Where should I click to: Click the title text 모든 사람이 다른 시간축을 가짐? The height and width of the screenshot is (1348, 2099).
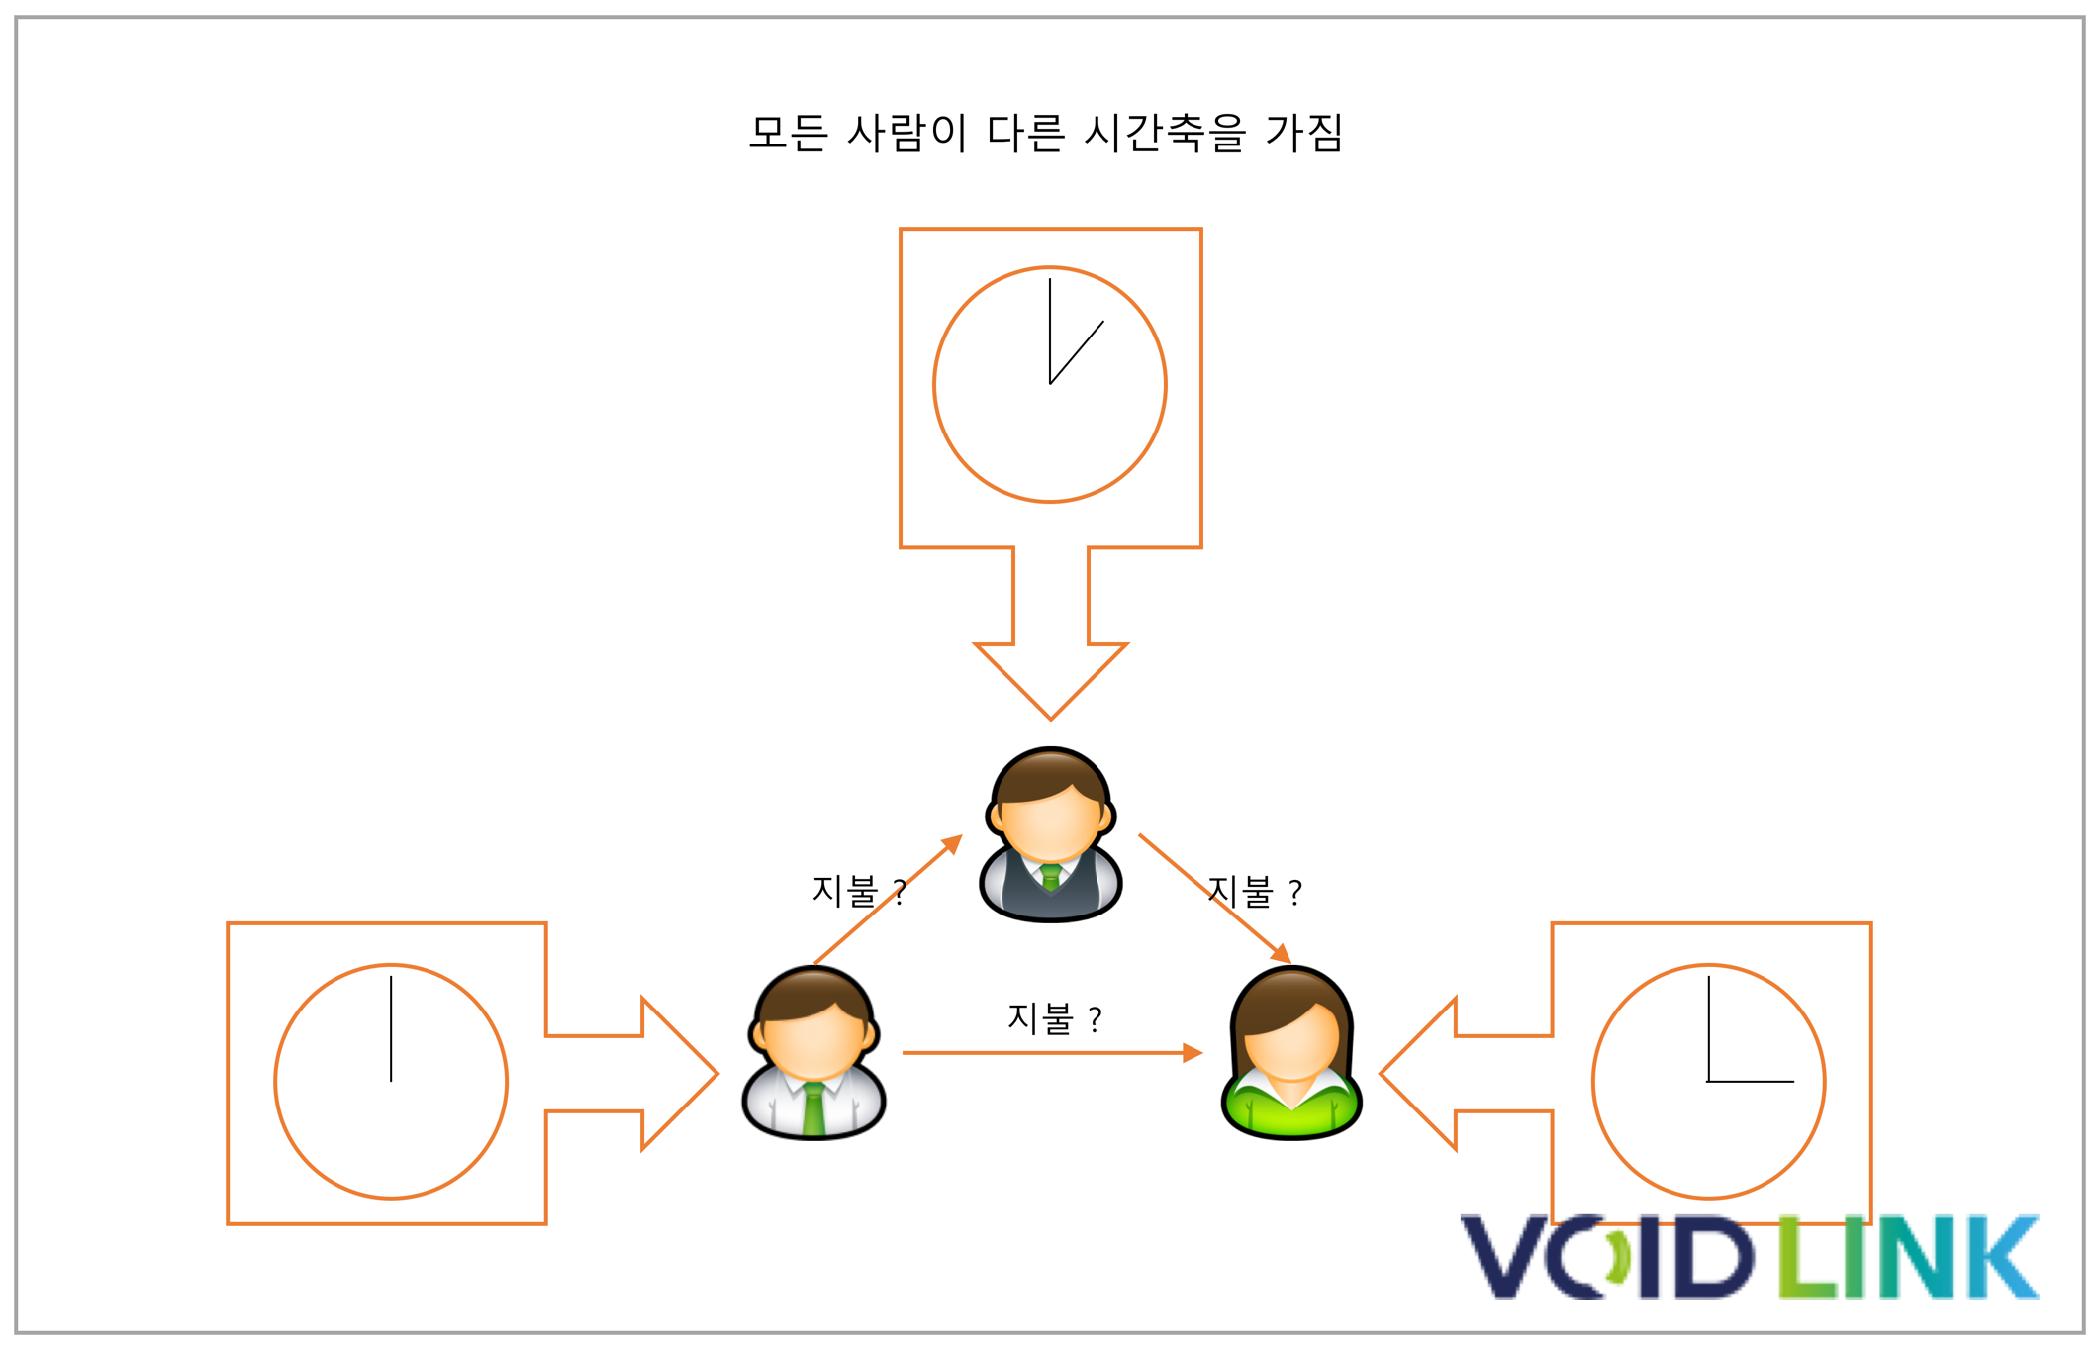1045,133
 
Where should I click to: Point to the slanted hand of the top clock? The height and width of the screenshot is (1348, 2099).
1077,352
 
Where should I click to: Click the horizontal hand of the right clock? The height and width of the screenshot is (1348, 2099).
1751,1082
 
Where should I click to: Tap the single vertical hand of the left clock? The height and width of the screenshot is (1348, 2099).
391,1028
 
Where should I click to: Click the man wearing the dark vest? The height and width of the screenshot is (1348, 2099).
1050,834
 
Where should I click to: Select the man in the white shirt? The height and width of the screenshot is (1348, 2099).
813,1053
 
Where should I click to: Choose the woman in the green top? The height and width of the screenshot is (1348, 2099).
1291,1053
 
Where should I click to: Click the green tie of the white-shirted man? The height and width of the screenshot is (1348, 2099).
813,1109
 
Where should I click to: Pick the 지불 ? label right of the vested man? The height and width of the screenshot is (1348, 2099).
1255,892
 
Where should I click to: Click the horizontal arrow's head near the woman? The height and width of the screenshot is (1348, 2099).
1193,1053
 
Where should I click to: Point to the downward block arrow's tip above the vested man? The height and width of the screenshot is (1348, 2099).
1051,718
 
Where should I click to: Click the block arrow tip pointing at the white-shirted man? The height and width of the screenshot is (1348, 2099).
716,1073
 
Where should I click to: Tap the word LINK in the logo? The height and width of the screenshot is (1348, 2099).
1908,1256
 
